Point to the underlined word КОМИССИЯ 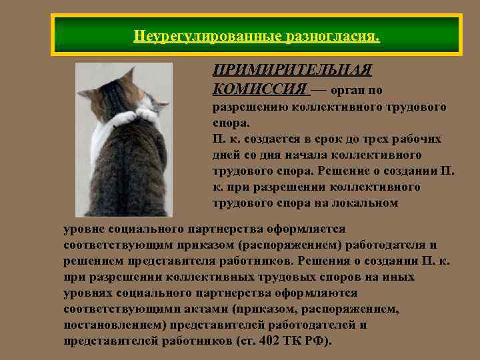[x=260, y=89]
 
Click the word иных [x=395, y=277]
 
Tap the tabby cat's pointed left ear [x=85, y=94]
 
